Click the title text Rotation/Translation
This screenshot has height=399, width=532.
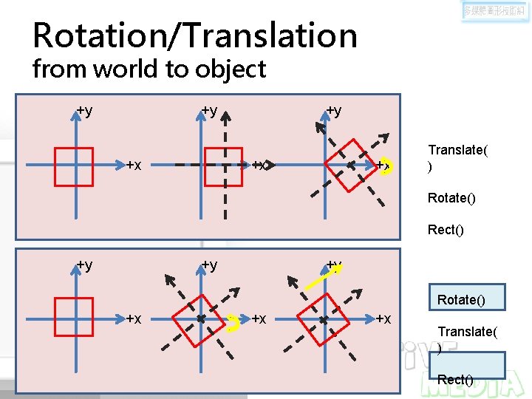[195, 35]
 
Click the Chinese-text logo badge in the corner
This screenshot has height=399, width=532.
[494, 11]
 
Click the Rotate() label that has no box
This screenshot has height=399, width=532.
[451, 198]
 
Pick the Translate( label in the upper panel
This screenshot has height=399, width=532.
[457, 151]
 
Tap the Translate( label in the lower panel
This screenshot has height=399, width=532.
[468, 332]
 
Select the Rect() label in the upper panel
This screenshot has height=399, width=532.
[446, 230]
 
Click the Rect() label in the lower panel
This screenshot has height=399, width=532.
[455, 380]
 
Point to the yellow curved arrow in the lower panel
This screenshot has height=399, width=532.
[233, 322]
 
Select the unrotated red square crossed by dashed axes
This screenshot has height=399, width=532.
[222, 167]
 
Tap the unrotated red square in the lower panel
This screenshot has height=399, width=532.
[73, 318]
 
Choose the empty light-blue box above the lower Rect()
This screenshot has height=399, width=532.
[466, 364]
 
